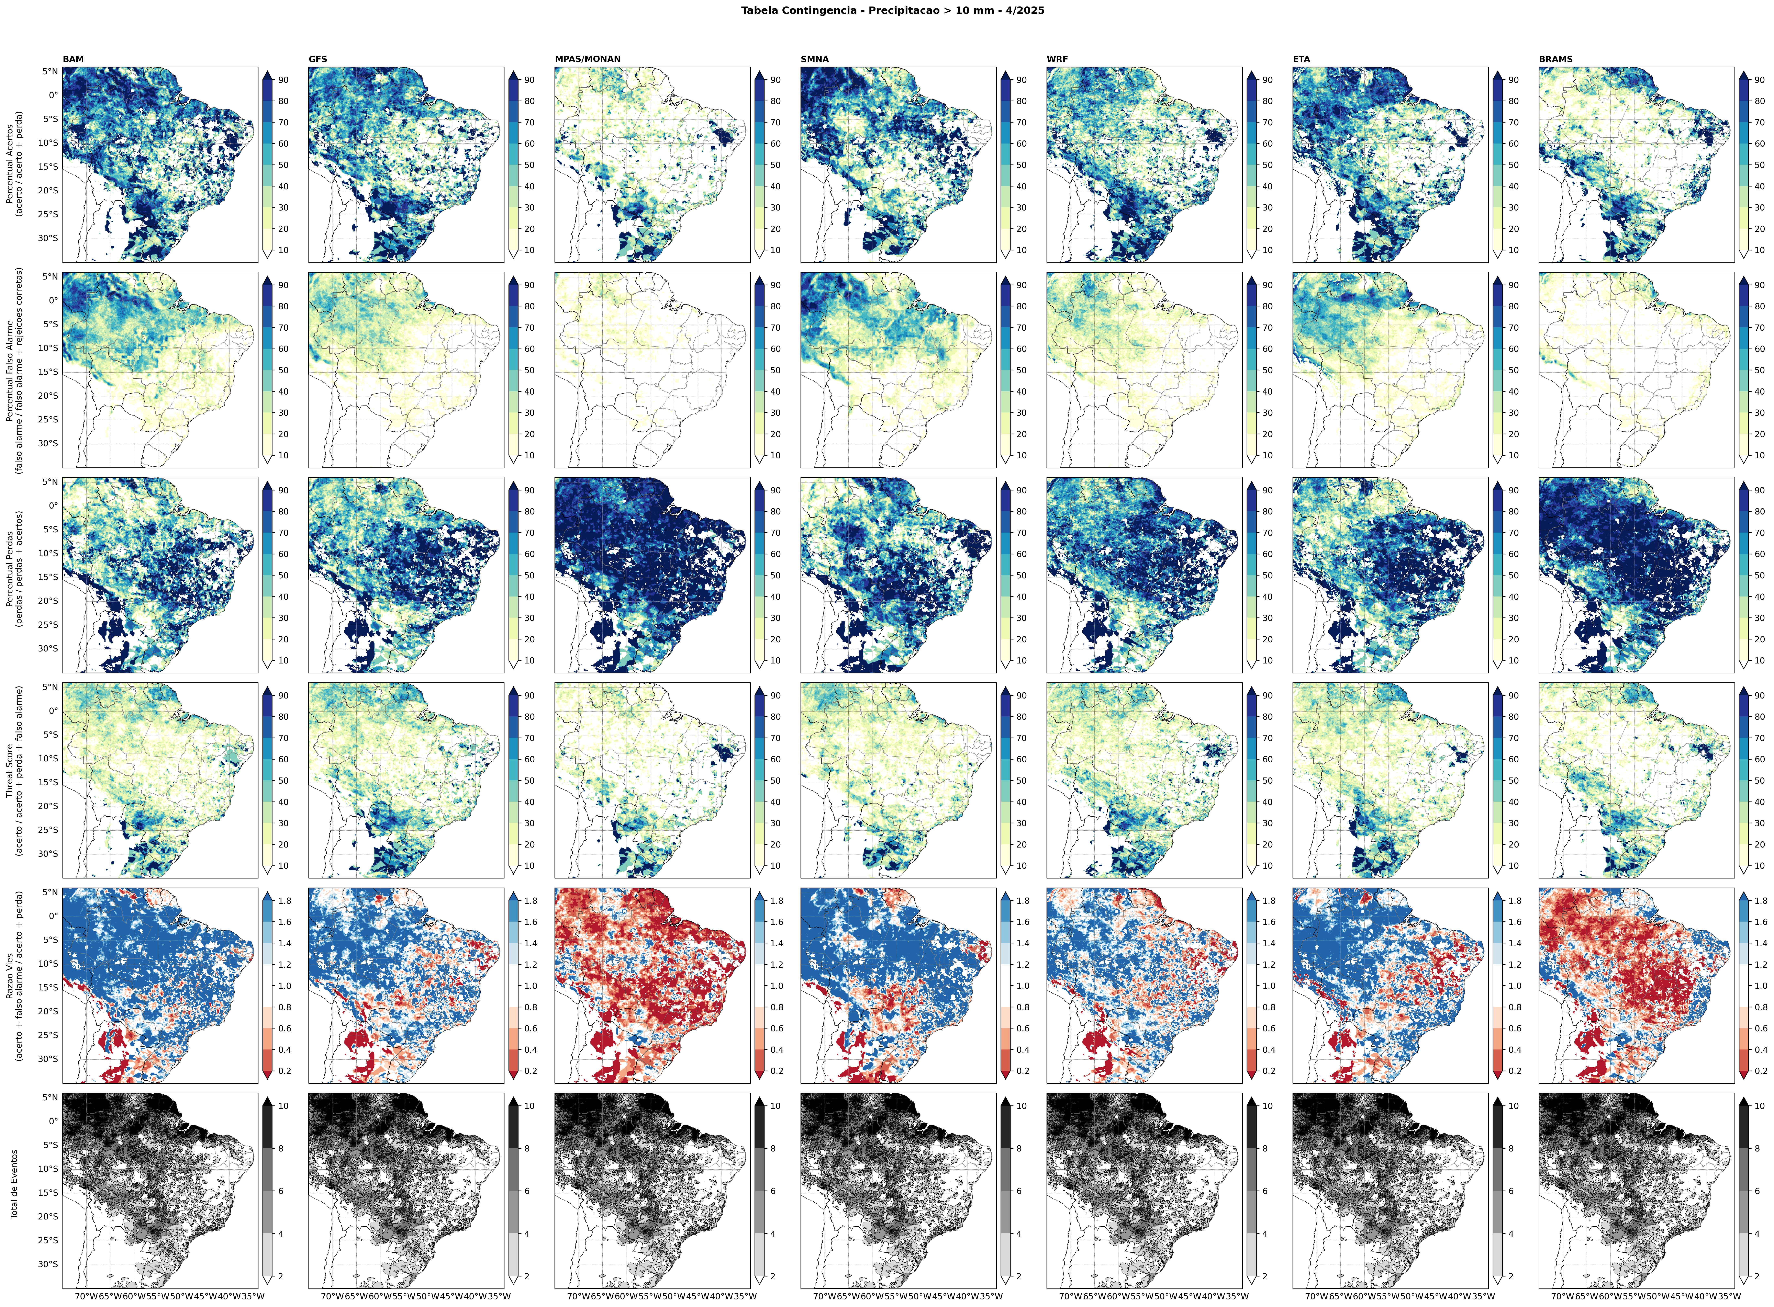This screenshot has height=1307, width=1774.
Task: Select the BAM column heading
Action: click(73, 59)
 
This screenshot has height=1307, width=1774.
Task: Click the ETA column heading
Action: click(1301, 59)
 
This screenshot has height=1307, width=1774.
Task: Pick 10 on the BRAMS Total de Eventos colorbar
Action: click(1760, 1106)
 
